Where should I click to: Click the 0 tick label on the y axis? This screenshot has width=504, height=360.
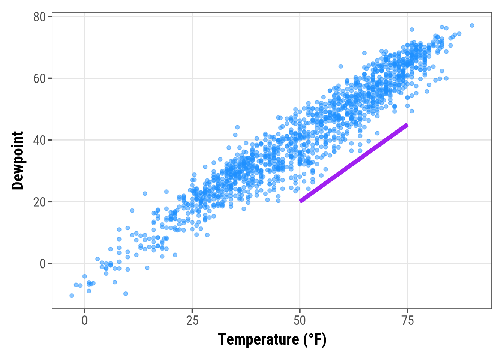[42, 264]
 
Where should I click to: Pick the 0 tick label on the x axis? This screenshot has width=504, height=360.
[85, 321]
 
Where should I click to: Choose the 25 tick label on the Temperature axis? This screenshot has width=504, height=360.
[192, 321]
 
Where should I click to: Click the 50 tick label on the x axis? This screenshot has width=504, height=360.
[300, 321]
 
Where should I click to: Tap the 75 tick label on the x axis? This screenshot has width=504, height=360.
[407, 321]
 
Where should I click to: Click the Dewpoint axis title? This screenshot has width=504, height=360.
[18, 160]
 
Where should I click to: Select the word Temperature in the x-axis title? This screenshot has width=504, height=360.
[259, 340]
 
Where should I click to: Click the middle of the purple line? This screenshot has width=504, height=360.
[354, 163]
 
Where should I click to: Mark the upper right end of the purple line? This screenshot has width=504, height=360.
[407, 125]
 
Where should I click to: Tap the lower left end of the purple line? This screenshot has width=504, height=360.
[300, 201]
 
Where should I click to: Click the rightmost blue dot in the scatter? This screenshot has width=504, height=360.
[472, 25]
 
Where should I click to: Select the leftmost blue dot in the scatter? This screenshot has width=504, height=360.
[72, 295]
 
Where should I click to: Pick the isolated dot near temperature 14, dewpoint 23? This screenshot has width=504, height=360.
[145, 193]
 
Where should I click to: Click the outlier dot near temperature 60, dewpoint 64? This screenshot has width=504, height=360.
[340, 66]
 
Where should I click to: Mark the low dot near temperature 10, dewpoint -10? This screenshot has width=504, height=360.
[126, 294]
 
